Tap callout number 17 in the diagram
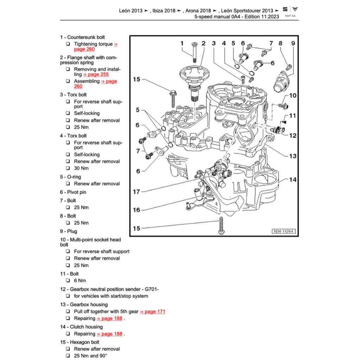point(136,192)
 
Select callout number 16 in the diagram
point(136,210)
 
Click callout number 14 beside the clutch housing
point(292,180)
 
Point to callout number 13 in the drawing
point(292,156)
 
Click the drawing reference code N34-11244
point(283,232)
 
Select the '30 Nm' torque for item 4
point(81,168)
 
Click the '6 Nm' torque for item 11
point(80,281)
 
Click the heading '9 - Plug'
point(69,231)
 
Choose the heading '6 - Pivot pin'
point(73,192)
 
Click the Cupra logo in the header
point(295,10)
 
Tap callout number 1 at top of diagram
point(182,43)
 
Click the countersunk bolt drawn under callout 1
point(193,49)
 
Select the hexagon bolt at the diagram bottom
point(221,225)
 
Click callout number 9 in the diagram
point(292,43)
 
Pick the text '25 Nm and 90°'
point(91,356)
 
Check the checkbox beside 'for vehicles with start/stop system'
point(68,296)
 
